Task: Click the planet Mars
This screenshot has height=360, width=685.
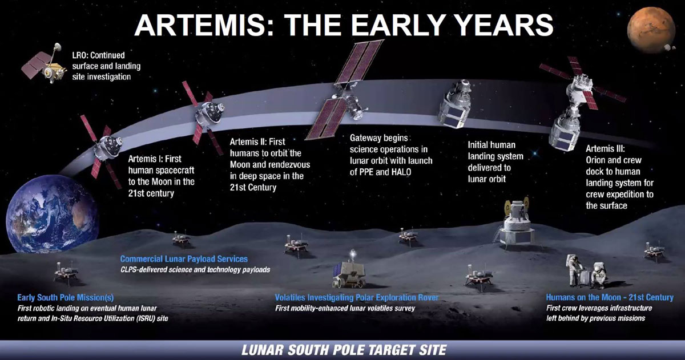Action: click(651, 30)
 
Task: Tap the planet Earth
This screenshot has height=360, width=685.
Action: click(52, 215)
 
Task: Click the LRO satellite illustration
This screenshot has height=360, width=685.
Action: click(45, 64)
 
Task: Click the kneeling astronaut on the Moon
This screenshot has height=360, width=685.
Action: click(599, 276)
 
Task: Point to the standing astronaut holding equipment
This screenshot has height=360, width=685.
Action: click(574, 271)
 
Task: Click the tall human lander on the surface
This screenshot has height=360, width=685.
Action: click(516, 225)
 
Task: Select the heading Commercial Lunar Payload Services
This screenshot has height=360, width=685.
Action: click(184, 259)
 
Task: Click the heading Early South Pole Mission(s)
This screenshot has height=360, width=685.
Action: click(66, 297)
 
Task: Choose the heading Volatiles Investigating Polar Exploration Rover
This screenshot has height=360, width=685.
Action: click(357, 297)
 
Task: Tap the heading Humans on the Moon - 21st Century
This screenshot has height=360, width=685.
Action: click(610, 297)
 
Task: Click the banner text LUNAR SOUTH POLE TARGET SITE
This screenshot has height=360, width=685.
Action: click(344, 350)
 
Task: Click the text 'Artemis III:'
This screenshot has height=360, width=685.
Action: click(606, 149)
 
